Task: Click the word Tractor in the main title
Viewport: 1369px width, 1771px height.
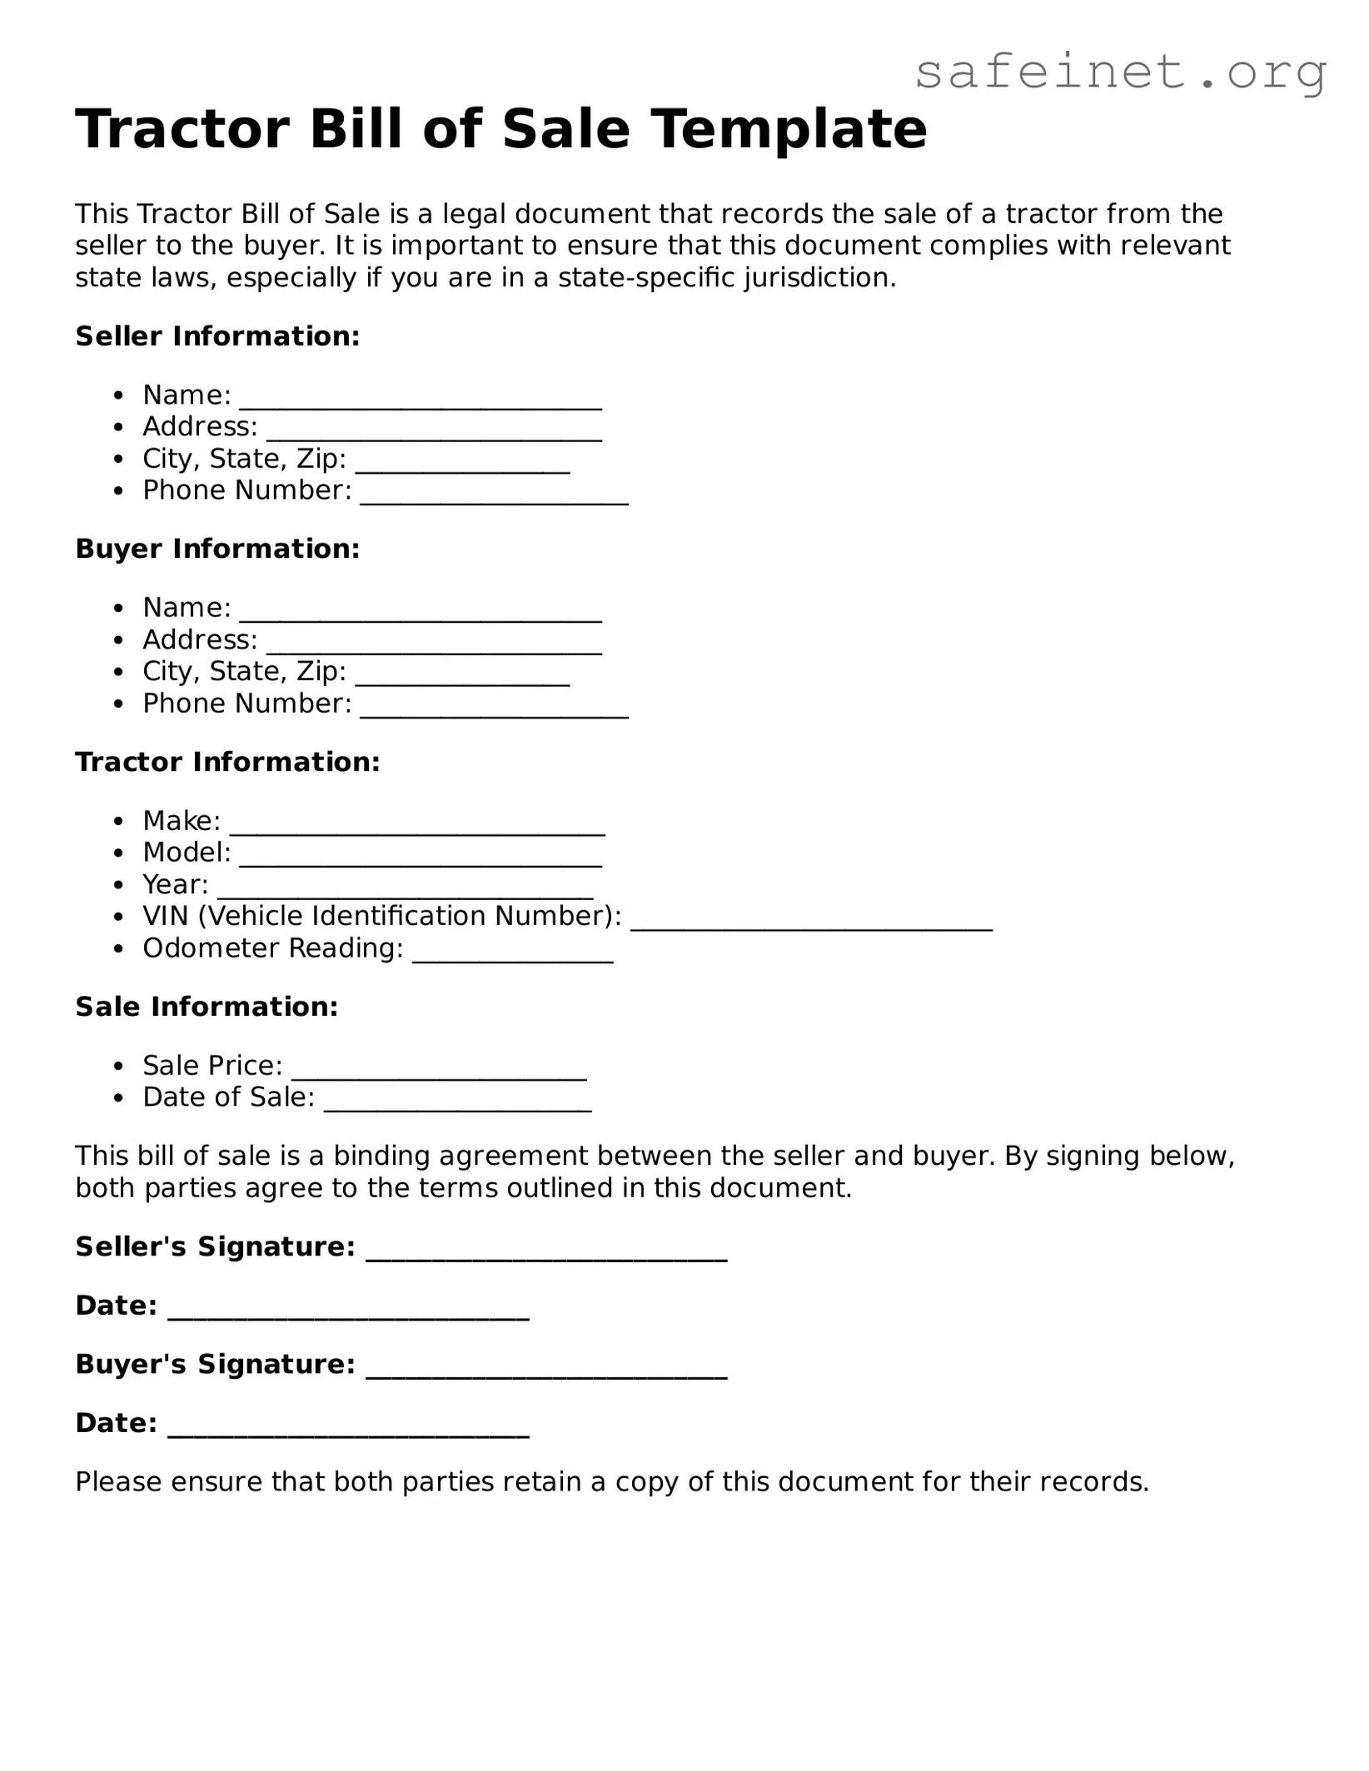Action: (192, 130)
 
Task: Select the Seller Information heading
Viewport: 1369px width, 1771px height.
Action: (217, 336)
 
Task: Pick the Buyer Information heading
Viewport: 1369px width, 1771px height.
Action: (217, 549)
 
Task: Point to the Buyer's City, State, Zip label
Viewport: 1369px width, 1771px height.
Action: (244, 671)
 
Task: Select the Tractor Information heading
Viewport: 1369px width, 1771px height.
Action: (227, 762)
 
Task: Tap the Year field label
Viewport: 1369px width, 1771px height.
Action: (175, 884)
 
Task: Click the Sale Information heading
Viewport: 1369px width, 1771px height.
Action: (207, 1007)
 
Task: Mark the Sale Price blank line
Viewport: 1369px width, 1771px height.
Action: (439, 1071)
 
